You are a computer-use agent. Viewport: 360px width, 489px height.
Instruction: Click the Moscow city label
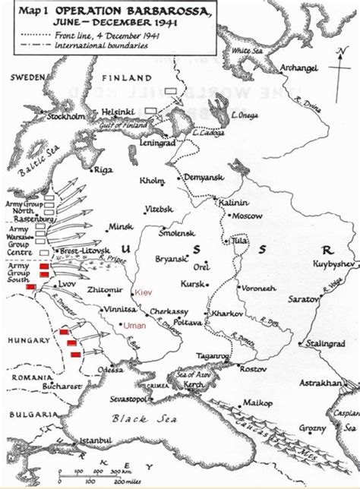click(x=248, y=216)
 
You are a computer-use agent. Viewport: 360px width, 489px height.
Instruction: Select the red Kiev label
click(x=144, y=292)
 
